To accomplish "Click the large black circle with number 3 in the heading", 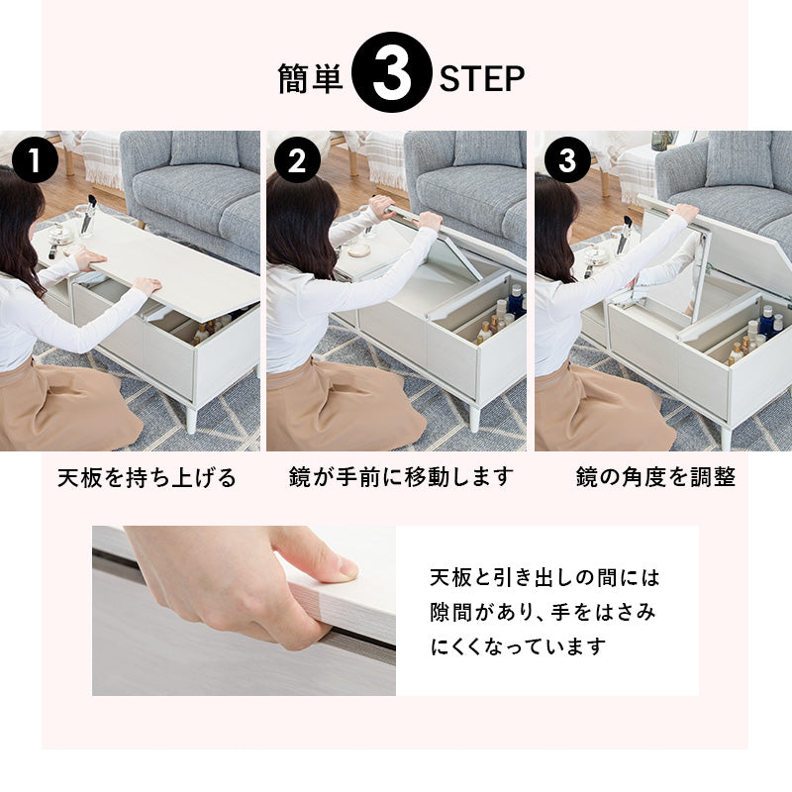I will (392, 78).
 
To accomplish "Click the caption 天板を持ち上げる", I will (146, 478).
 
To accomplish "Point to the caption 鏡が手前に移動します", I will (401, 477).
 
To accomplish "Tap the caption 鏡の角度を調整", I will (655, 477).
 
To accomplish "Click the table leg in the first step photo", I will (191, 417).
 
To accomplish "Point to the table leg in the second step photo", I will (474, 416).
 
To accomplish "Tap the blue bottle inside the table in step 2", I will (515, 300).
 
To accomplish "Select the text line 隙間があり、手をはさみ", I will (543, 612).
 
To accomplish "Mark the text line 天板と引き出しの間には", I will (544, 576).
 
